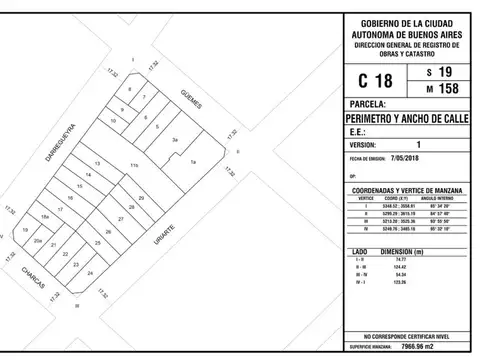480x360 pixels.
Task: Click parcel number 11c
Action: click(x=132, y=162)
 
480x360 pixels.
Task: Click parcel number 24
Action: click(x=90, y=273)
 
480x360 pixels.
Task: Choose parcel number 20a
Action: click(x=37, y=241)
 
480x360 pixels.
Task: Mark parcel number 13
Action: click(x=97, y=162)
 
